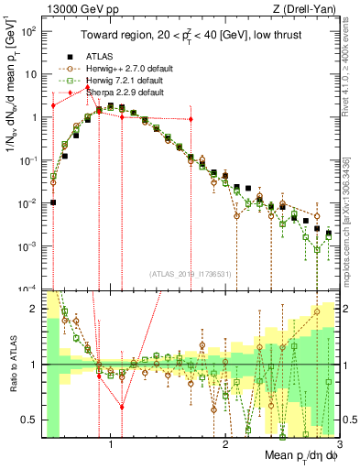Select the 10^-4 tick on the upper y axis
pos(31,289)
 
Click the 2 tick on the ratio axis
pos(37,310)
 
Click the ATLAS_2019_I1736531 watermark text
pos(191,274)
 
